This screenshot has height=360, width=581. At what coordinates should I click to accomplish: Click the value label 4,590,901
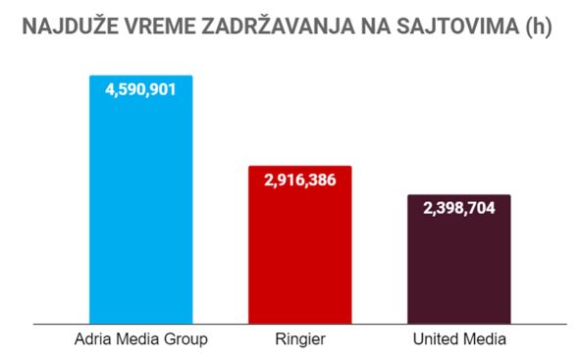click(x=140, y=89)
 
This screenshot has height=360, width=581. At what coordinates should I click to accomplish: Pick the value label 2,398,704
click(x=458, y=208)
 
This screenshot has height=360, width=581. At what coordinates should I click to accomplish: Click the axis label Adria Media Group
click(x=140, y=339)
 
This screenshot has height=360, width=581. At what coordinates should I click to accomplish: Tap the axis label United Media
click(x=458, y=339)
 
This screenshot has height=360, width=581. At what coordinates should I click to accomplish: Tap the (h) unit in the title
click(x=536, y=26)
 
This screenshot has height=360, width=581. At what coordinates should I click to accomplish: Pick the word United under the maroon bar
click(x=433, y=339)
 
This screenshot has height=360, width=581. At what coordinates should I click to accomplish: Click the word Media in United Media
click(x=484, y=339)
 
